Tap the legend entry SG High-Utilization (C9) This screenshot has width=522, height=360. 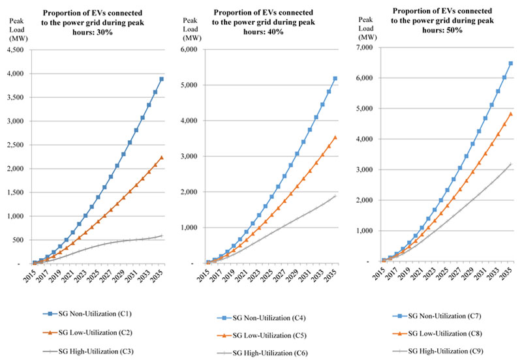point(448,351)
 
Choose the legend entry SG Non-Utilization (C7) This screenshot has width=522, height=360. point(448,316)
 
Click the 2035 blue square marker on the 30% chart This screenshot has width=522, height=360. point(161,79)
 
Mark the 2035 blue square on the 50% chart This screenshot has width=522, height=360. point(511,63)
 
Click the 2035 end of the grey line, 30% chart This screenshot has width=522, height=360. point(161,235)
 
